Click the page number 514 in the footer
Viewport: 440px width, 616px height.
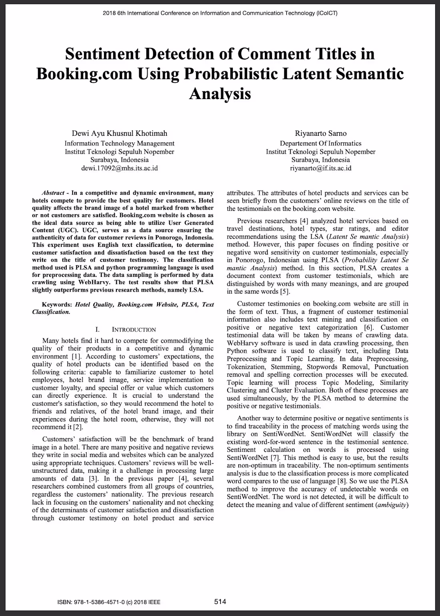pos(220,601)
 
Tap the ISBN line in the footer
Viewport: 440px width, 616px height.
pos(109,602)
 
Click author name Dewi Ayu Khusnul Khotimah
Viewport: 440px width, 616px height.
pos(119,133)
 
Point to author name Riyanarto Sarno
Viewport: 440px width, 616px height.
pos(320,133)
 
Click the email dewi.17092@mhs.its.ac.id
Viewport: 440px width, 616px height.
pos(119,168)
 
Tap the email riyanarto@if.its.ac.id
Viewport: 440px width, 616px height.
pos(320,168)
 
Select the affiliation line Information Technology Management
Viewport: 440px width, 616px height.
pos(119,143)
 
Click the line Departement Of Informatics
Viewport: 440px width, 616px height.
pos(320,143)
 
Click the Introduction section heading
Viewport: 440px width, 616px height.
pos(134,330)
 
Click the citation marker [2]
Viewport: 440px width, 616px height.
pos(78,427)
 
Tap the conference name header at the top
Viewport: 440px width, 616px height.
pos(220,13)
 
